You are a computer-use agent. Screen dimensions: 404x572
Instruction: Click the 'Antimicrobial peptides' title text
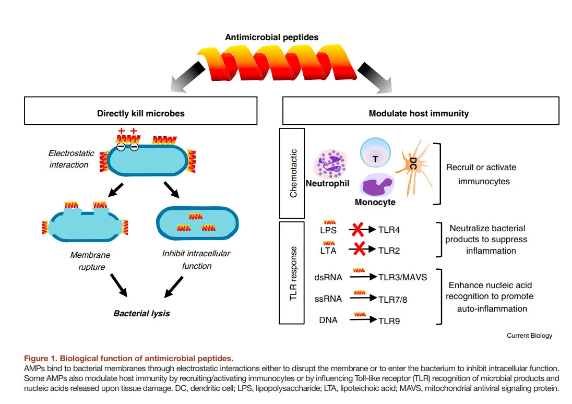click(271, 37)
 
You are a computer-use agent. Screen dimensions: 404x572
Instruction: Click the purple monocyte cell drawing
click(375, 185)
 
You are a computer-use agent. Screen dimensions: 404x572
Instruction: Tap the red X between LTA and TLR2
click(359, 249)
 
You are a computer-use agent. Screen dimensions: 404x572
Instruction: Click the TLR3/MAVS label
click(402, 277)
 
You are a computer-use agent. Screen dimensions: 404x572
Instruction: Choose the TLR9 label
click(389, 320)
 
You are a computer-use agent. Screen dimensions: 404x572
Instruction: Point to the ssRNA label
click(328, 299)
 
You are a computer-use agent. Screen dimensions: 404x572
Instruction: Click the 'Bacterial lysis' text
click(141, 314)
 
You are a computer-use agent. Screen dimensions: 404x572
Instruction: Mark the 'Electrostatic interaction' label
click(71, 159)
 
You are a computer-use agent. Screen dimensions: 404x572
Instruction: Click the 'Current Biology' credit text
click(529, 336)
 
